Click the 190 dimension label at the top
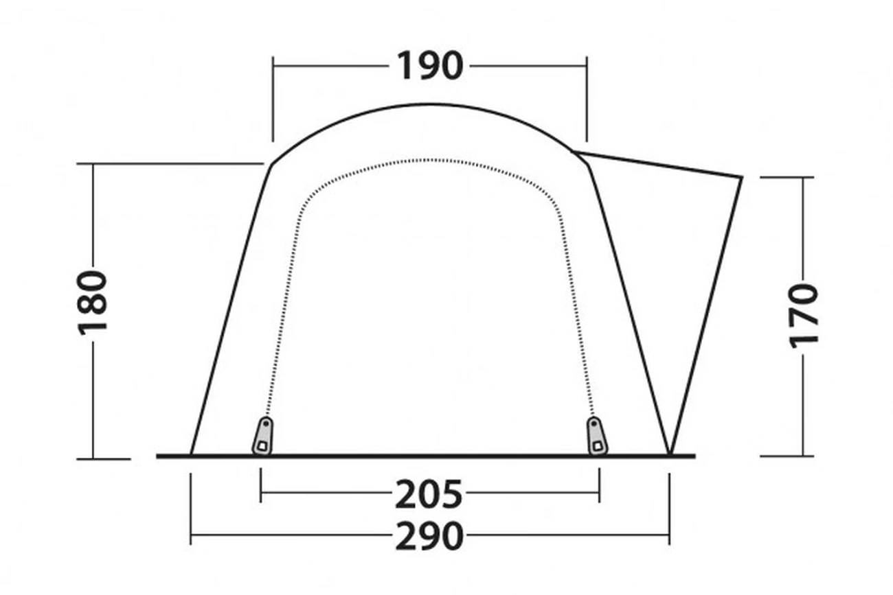click(430, 66)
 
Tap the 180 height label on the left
click(92, 303)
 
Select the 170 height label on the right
click(804, 316)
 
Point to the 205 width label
click(429, 494)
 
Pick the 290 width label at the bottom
click(429, 536)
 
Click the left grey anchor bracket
click(262, 436)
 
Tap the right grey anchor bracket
click(597, 436)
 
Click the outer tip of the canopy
click(742, 177)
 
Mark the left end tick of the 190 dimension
click(273, 100)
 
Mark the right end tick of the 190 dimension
click(587, 100)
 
